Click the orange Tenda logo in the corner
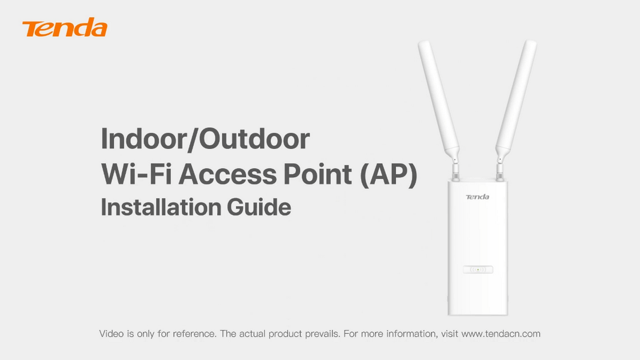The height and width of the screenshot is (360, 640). tap(65, 28)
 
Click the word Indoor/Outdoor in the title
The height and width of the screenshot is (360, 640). tap(205, 139)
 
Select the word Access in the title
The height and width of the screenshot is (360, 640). tap(227, 174)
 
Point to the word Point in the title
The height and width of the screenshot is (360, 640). tap(317, 174)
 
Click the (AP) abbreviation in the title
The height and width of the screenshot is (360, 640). tap(389, 175)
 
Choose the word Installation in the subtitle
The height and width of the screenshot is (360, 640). tap(161, 207)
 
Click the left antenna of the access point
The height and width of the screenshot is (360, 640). tap(438, 97)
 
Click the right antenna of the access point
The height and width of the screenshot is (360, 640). tap(517, 97)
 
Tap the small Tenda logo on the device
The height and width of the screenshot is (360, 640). tap(477, 197)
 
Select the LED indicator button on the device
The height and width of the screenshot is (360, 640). tap(478, 269)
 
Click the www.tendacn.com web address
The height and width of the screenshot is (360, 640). tap(501, 334)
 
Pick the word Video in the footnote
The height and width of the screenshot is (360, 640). tap(111, 334)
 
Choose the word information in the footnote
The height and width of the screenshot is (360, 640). tap(408, 334)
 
